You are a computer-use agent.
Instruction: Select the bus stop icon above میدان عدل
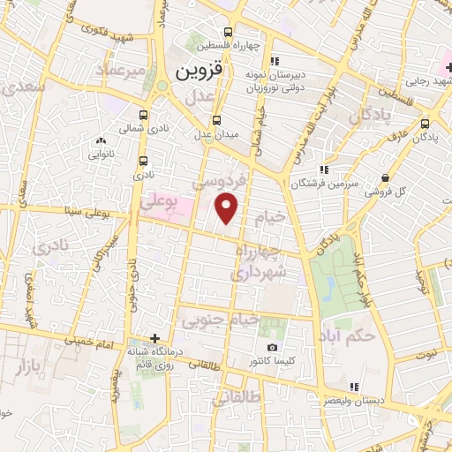point(217,120)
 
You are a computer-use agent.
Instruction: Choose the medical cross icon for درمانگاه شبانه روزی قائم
point(155,338)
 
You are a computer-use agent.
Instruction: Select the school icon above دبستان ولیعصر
point(354,387)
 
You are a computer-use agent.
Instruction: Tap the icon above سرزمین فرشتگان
point(325,169)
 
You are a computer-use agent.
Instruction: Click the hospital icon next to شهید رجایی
point(449,67)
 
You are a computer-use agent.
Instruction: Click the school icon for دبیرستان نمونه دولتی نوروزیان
point(275,61)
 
